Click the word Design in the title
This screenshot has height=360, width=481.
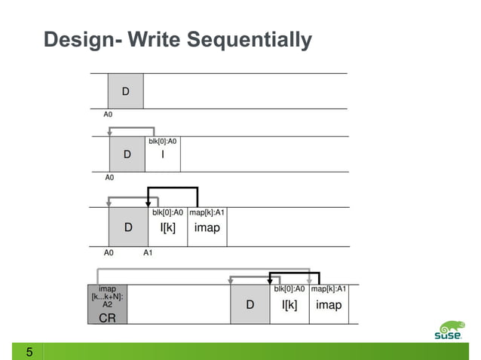tap(76, 39)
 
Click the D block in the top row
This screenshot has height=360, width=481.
tap(125, 91)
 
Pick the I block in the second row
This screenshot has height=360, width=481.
tap(163, 154)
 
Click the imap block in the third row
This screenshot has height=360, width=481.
tap(207, 227)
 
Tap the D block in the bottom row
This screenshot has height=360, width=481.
tap(250, 304)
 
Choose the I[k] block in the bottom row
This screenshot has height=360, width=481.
tap(290, 304)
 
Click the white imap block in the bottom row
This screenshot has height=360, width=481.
tap(329, 304)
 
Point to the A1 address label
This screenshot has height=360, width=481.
tap(149, 253)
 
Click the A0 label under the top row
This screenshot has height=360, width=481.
tap(109, 115)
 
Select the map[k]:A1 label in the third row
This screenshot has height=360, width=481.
tap(207, 212)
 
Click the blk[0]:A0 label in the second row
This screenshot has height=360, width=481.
tap(163, 140)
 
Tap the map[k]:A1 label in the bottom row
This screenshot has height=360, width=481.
tap(329, 288)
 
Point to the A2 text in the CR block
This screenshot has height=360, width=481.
tap(107, 305)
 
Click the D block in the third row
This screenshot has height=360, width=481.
tap(128, 227)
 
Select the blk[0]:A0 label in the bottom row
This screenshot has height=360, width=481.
tap(290, 288)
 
